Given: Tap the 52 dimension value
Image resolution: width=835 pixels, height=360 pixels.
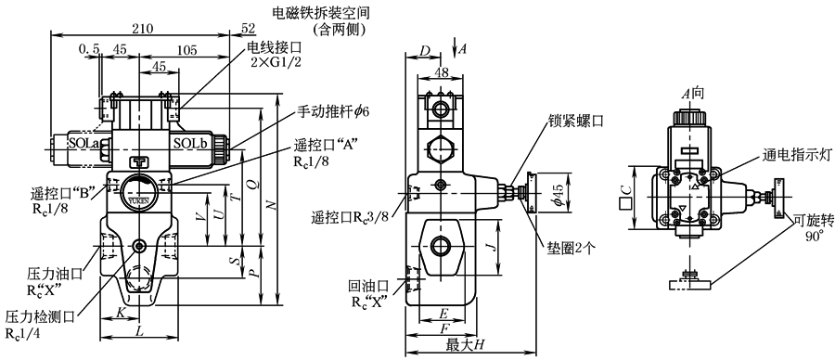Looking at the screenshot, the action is [x=248, y=29].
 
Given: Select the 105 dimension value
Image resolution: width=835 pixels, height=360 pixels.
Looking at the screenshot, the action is [x=186, y=50].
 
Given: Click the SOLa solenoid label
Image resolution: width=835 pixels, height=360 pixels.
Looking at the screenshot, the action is [x=83, y=143].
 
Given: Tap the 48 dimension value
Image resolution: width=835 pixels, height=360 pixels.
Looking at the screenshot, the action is [x=440, y=71].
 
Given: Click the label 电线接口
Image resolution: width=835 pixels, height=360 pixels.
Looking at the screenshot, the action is [x=273, y=48].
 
